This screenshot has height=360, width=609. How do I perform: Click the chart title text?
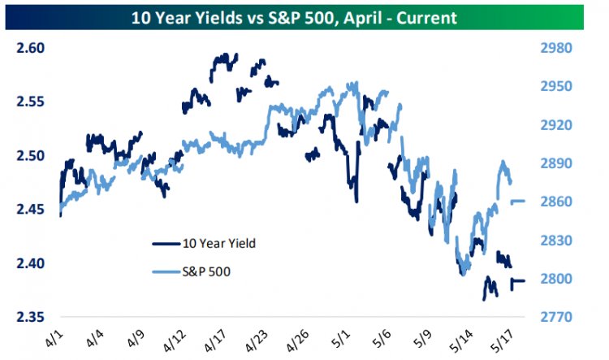point(304,15)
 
